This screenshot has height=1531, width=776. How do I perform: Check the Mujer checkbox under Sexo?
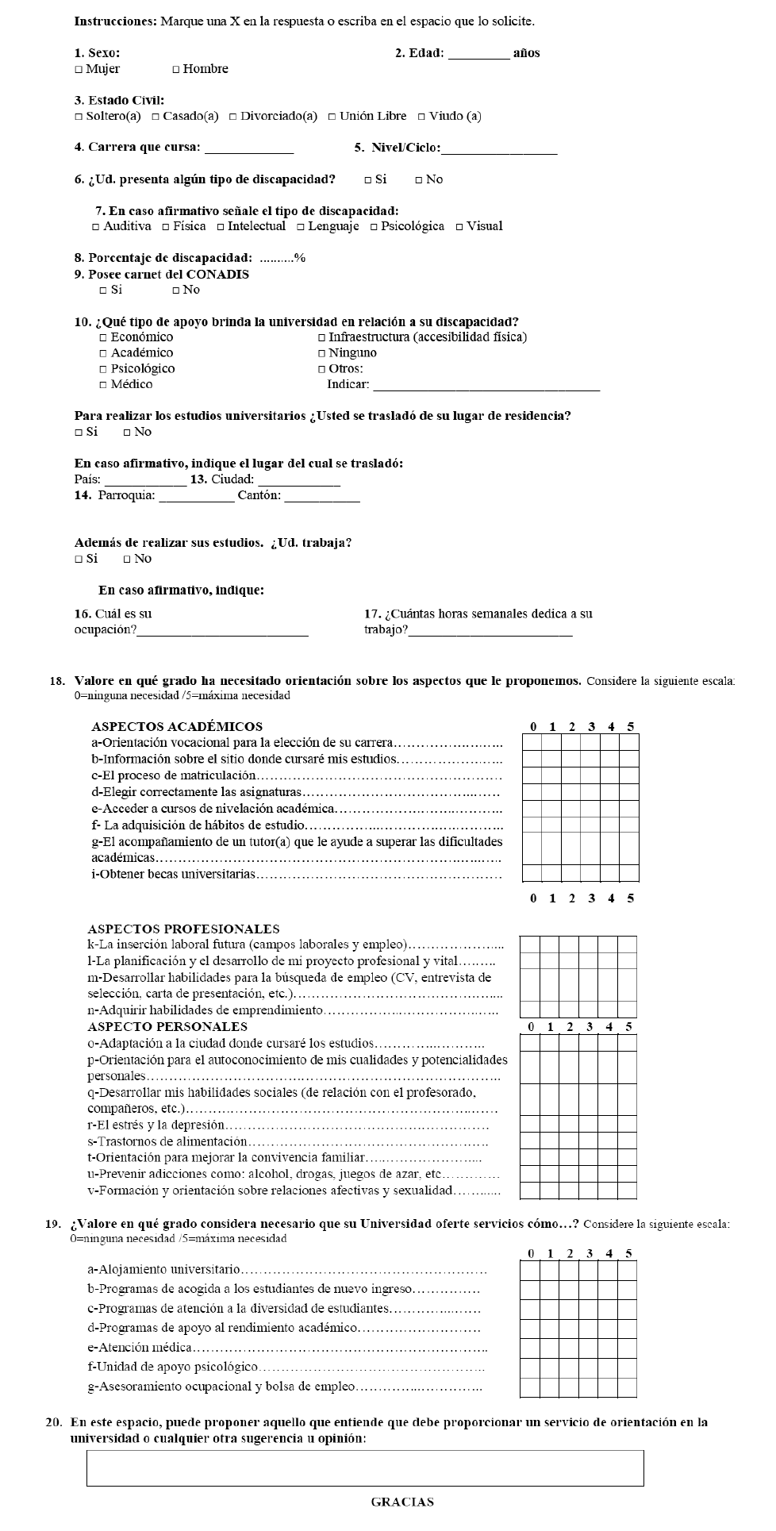coord(79,70)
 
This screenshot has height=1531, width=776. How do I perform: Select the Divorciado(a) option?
coord(233,117)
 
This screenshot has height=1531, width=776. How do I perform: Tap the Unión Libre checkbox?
coord(332,117)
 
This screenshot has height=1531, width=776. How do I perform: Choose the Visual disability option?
coord(459,227)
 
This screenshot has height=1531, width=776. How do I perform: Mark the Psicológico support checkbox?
coord(103,370)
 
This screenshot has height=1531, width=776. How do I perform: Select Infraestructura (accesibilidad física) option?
coord(321,338)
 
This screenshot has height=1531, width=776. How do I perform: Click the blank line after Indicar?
coord(486,387)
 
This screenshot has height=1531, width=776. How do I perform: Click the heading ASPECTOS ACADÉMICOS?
coord(177,726)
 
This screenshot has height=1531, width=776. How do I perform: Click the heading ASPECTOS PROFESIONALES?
coord(183,929)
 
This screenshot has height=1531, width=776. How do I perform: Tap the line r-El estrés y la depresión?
coord(156,1125)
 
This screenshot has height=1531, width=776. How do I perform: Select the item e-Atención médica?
coord(140,1348)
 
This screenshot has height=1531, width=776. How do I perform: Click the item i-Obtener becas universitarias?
coord(174,875)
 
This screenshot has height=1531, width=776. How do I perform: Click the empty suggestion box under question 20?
coord(365,1468)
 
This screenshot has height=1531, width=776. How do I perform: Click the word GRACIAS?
coord(402,1502)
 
